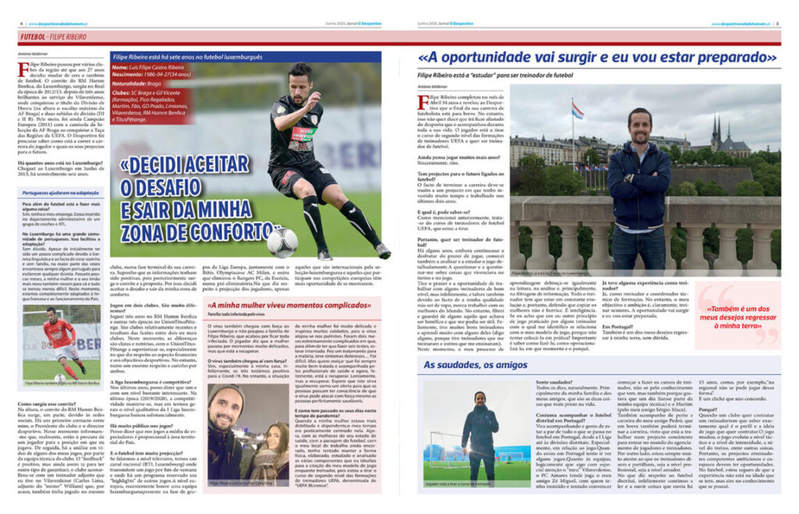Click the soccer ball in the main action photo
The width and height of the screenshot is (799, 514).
(281, 243)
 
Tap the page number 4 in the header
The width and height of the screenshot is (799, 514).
(20, 23)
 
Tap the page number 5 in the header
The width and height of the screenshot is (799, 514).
(778, 23)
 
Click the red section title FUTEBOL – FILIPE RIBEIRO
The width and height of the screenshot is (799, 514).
(54, 37)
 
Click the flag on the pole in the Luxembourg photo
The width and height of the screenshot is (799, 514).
(577, 112)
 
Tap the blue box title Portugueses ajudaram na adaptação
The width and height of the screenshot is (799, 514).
(61, 192)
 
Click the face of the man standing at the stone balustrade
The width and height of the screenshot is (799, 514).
(640, 126)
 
